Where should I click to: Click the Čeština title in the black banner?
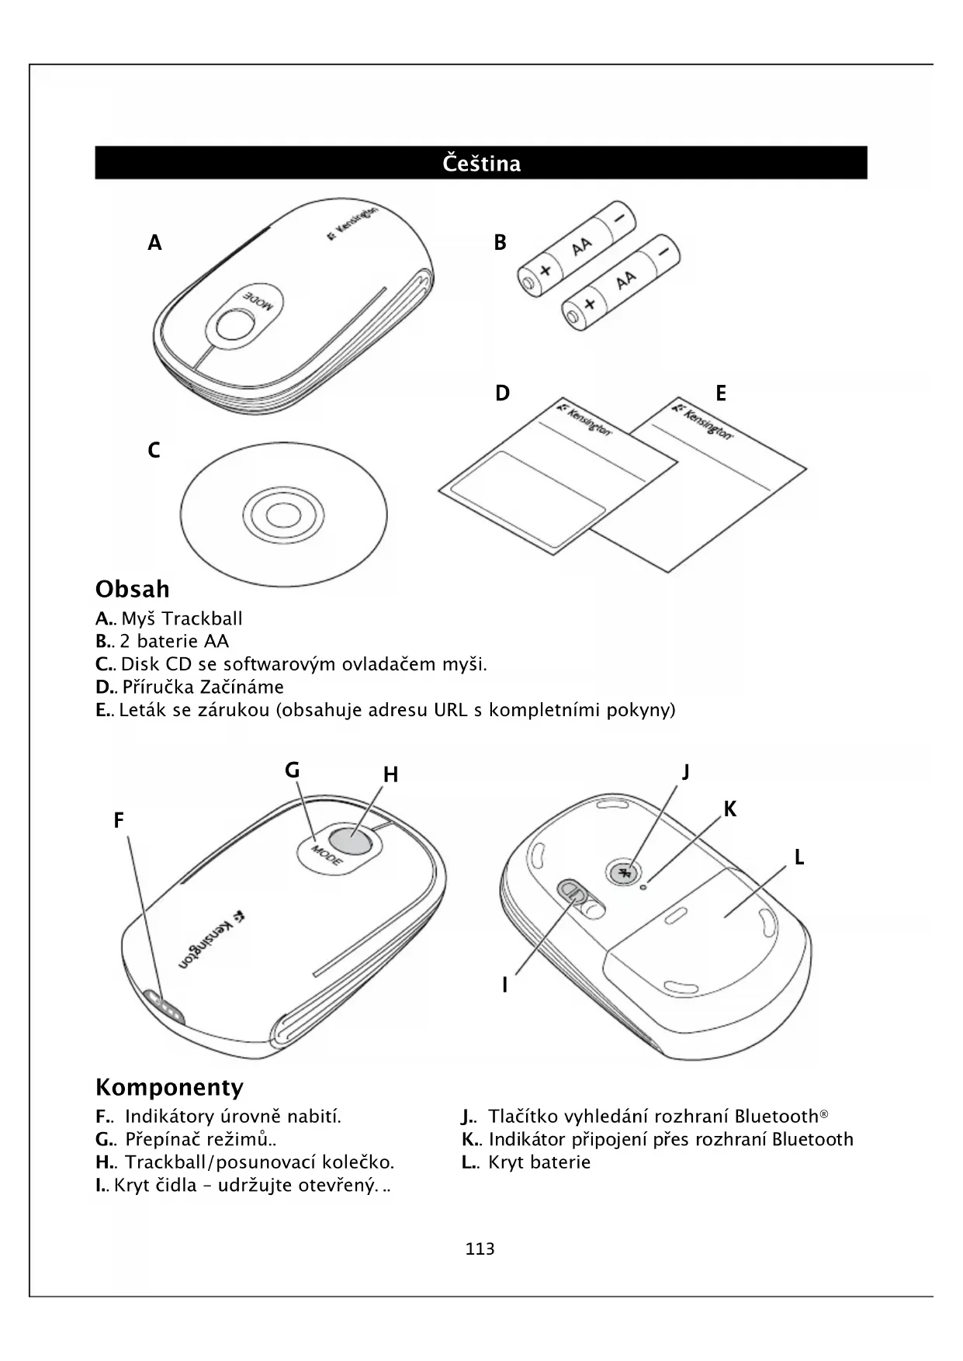pyautogui.click(x=481, y=164)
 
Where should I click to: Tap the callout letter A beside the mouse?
pyautogui.click(x=155, y=243)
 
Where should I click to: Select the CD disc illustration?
pyautogui.click(x=284, y=514)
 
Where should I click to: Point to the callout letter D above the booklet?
pyautogui.click(x=503, y=393)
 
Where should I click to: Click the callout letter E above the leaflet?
pyautogui.click(x=721, y=393)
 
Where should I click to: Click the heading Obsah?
pyautogui.click(x=133, y=590)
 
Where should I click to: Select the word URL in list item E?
pyautogui.click(x=451, y=710)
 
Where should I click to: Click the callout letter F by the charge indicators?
pyautogui.click(x=119, y=821)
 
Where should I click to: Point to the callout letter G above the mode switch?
pyautogui.click(x=292, y=771)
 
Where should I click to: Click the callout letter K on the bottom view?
pyautogui.click(x=730, y=809)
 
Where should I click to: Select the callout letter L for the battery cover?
pyautogui.click(x=798, y=857)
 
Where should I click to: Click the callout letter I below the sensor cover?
pyautogui.click(x=504, y=985)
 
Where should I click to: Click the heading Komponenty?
pyautogui.click(x=169, y=1087)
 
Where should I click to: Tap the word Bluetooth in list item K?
pyautogui.click(x=812, y=1140)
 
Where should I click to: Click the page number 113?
pyautogui.click(x=480, y=1249)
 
